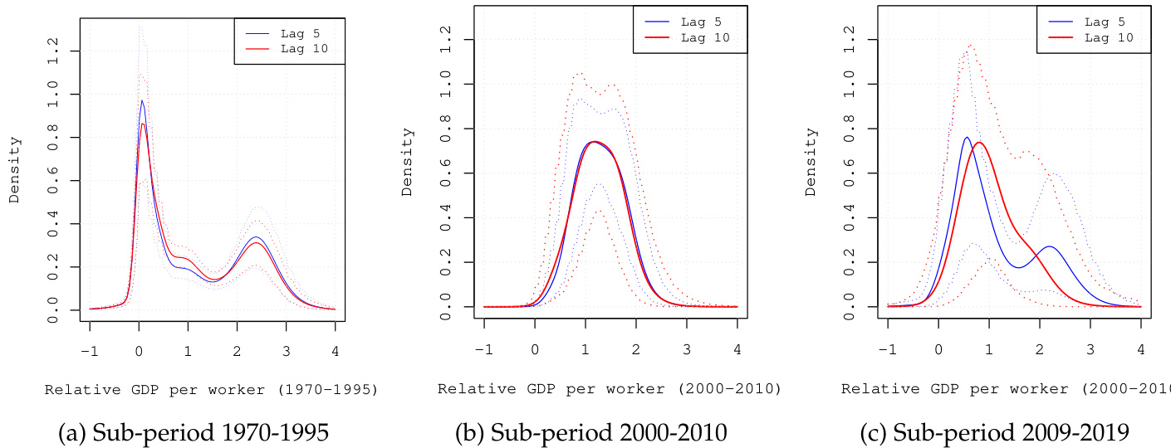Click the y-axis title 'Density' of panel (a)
[14, 170]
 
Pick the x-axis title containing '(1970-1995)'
[211, 388]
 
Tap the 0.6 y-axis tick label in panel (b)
[447, 173]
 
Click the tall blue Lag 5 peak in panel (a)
[141, 101]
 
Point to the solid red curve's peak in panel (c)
[980, 143]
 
